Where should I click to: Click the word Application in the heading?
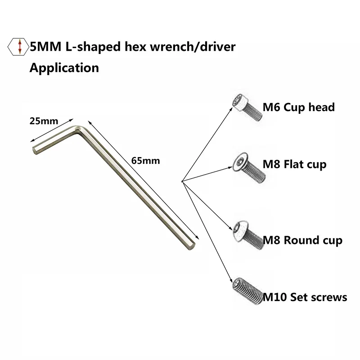coord(64,68)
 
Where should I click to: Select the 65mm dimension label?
coord(143,160)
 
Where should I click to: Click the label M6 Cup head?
coord(299,108)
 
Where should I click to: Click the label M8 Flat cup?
coord(294,165)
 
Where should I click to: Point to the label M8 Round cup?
coord(302,240)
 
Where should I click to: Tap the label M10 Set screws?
coord(305,297)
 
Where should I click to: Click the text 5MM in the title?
coord(44,47)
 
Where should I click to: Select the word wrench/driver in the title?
coord(196,47)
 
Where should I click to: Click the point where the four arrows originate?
coord(181,182)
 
